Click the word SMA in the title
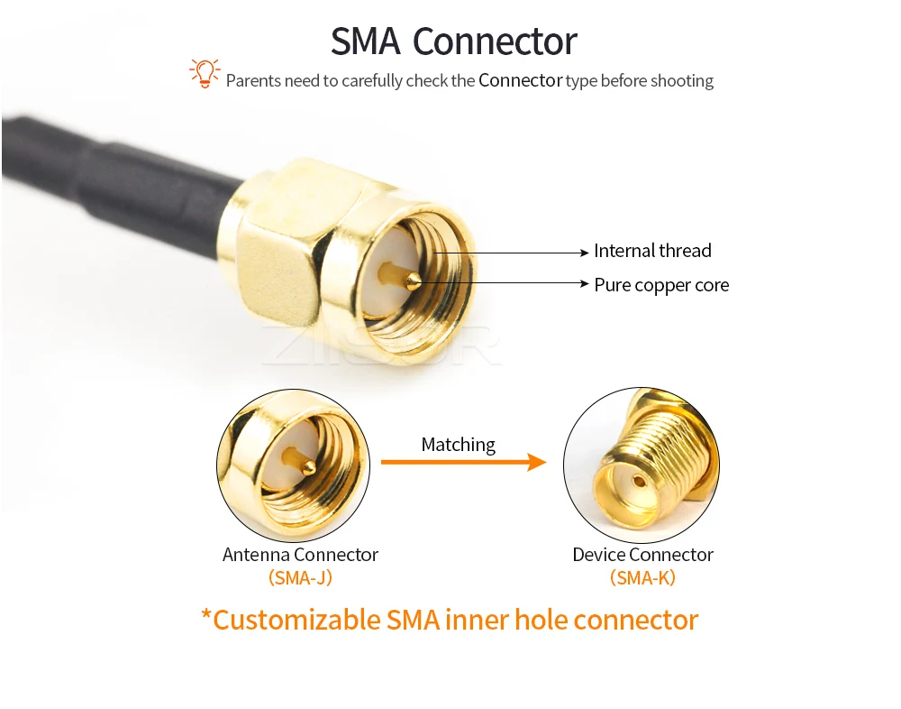366,41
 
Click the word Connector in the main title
495,41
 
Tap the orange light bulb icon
205,74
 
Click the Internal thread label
652,251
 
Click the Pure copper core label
661,285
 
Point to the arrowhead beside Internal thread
585,253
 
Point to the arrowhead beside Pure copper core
585,283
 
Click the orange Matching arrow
464,462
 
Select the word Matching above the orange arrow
458,445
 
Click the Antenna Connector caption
301,555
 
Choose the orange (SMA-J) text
301,578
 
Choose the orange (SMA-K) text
642,578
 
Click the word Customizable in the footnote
296,621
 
